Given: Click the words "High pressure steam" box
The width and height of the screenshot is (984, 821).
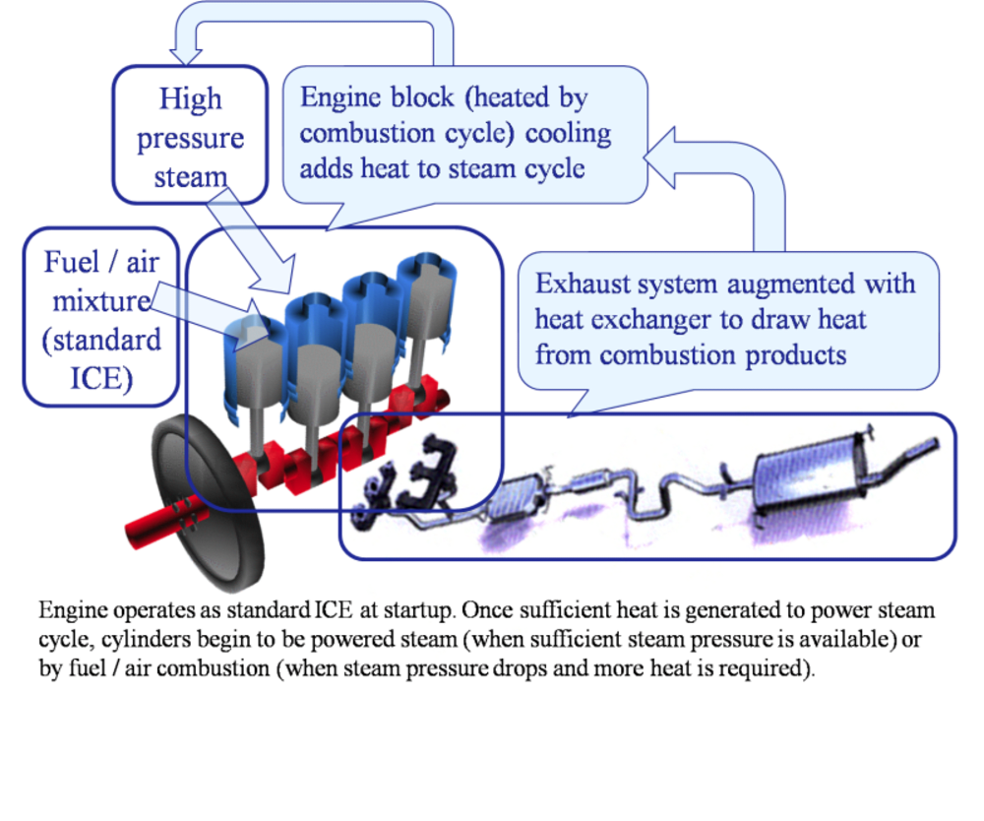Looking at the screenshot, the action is point(191,137).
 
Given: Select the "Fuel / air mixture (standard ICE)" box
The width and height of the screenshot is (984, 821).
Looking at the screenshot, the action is point(101,317).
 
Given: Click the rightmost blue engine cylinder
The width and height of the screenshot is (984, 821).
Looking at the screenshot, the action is point(426,295).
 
